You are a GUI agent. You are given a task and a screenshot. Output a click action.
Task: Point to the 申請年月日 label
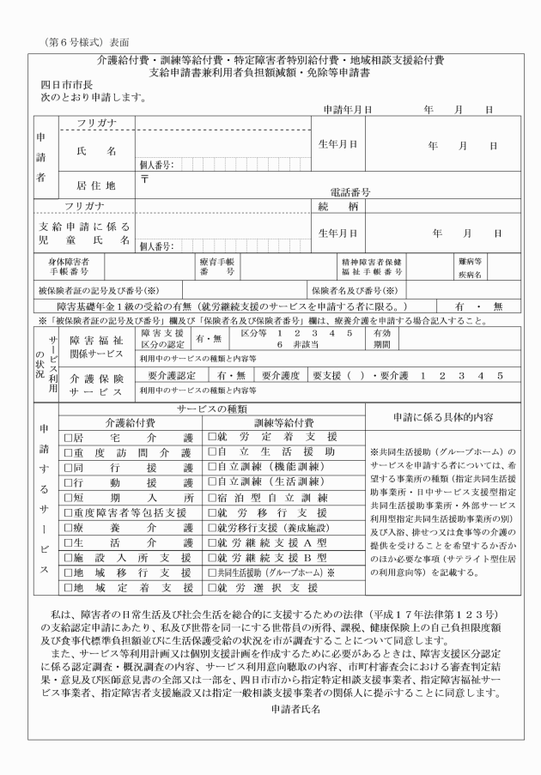[347, 110]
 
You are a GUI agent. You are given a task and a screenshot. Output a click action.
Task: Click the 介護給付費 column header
[131, 422]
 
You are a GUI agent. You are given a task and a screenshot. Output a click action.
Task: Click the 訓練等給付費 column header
[283, 422]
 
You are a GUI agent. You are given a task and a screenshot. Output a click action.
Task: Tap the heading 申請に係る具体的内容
[441, 415]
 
